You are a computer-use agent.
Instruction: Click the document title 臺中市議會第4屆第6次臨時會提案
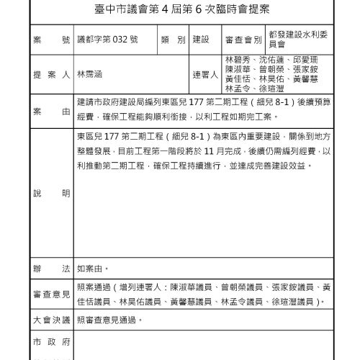tap(180, 13)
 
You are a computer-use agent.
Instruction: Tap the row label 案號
tap(50, 40)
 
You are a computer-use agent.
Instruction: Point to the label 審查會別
tap(243, 40)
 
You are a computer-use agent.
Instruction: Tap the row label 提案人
tap(50, 75)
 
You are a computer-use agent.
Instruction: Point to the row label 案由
tap(50, 112)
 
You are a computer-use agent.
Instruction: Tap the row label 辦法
tap(50, 269)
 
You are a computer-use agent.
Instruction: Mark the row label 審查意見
tap(50, 294)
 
